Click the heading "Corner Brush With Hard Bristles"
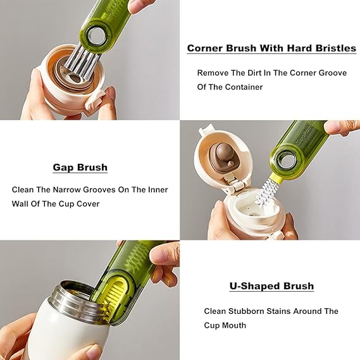pos(271,48)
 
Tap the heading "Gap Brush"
pos(80,168)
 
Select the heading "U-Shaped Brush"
pos(271,286)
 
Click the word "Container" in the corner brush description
pos(244,87)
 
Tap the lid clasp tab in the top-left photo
pos(95,101)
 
